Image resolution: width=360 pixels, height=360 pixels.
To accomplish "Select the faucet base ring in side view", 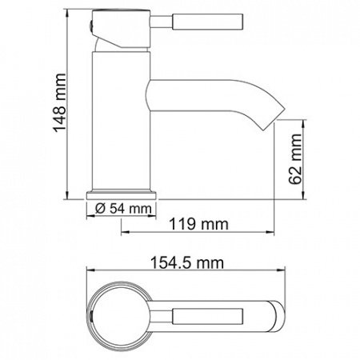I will [122, 192].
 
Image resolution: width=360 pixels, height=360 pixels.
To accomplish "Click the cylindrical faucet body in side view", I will [122, 120].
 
